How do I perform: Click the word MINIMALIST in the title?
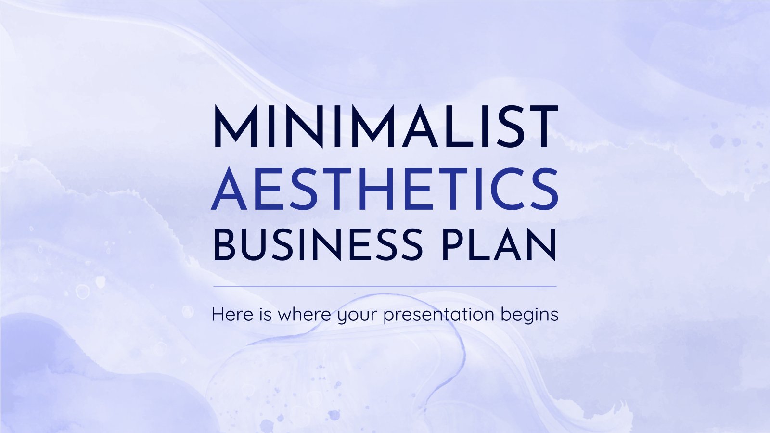(385, 127)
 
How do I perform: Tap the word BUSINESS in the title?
(318, 245)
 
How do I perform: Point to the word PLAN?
(500, 245)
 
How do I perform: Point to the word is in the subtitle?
(265, 315)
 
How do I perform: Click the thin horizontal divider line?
(385, 286)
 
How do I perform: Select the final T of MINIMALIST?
(541, 127)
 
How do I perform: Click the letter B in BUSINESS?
(225, 245)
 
